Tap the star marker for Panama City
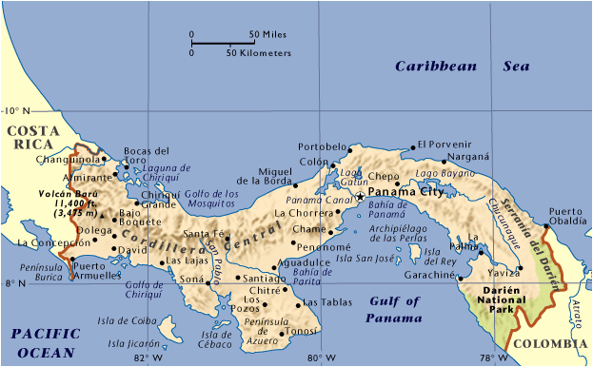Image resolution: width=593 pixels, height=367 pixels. point(360,196)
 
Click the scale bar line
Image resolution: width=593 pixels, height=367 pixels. point(221,44)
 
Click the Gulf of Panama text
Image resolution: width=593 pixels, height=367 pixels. point(393,310)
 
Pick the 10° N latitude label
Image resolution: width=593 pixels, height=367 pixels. point(17,109)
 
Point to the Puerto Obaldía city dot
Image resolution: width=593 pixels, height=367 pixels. point(545,226)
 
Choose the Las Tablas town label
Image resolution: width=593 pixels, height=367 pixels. point(322,303)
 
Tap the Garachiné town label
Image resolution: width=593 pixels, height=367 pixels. point(425,275)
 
